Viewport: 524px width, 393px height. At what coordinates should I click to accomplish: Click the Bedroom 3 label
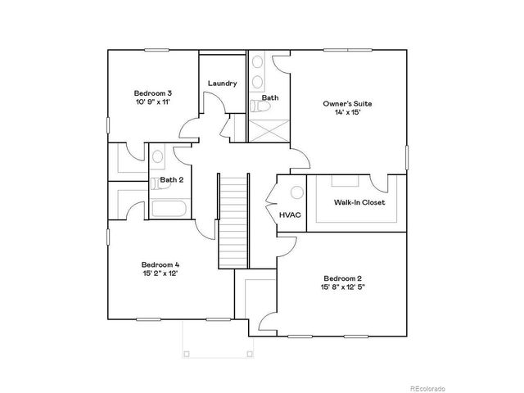click(x=152, y=93)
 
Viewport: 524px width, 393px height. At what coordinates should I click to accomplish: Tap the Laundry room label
click(x=222, y=84)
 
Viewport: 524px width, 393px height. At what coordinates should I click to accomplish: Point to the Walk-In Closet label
click(x=359, y=202)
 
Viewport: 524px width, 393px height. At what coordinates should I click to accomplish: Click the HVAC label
click(x=289, y=215)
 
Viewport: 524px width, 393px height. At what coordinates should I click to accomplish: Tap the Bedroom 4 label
click(x=160, y=264)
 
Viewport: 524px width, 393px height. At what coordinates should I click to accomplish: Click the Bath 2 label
click(x=170, y=180)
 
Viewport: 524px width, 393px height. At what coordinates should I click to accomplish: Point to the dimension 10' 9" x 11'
click(x=152, y=103)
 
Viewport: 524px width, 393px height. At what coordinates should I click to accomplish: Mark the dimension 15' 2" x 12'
click(x=160, y=274)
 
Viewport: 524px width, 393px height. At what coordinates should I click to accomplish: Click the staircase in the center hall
click(x=233, y=221)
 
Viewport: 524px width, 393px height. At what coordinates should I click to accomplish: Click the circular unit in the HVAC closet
click(x=296, y=193)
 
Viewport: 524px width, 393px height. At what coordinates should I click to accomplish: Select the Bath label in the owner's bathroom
click(x=270, y=98)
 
